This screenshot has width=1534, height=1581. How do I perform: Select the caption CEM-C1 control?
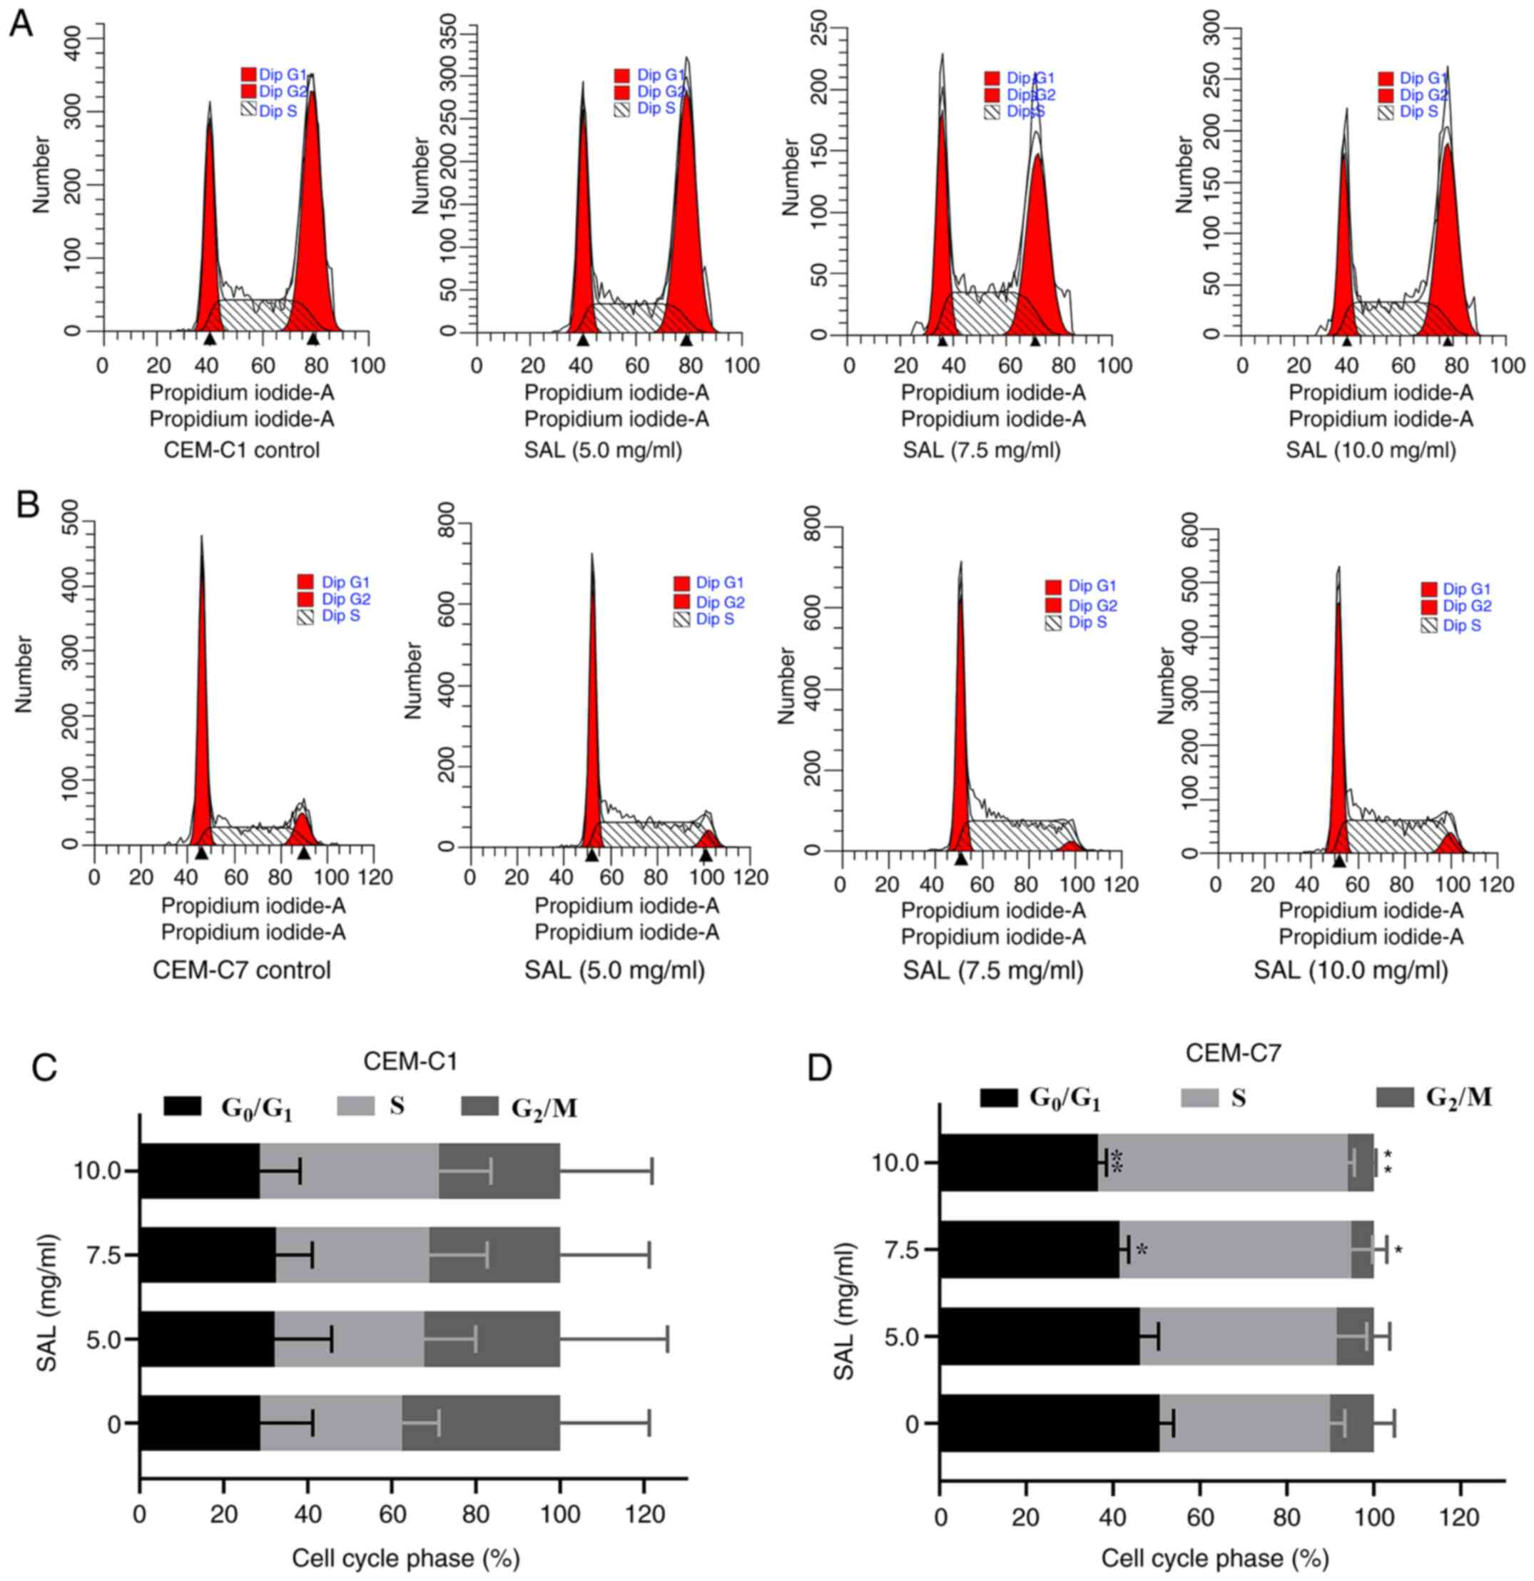click(242, 449)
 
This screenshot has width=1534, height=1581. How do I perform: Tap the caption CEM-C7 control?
click(242, 969)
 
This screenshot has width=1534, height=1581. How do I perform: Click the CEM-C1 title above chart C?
click(410, 1061)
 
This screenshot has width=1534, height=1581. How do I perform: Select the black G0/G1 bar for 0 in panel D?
click(1049, 1424)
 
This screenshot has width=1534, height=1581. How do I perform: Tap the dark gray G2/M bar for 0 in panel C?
click(481, 1424)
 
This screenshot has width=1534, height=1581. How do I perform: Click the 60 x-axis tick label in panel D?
click(1200, 1518)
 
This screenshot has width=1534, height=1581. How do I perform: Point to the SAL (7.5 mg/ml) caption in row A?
click(982, 449)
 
